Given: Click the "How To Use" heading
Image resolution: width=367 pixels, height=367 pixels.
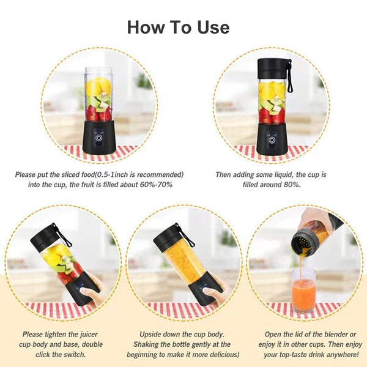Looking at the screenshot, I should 179,28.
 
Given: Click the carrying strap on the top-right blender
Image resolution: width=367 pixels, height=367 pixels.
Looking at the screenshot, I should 289,76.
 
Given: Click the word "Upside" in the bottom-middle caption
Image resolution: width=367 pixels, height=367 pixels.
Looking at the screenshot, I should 153,335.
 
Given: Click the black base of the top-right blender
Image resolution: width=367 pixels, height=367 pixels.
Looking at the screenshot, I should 270,139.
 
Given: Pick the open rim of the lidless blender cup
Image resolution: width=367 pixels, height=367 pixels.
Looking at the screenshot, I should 98,69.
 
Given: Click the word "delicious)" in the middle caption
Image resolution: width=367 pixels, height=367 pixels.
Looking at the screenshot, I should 220,354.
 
